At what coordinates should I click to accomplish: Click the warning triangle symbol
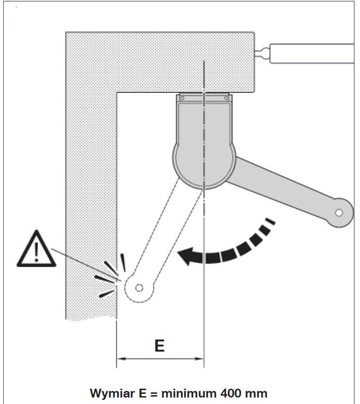(x=36, y=250)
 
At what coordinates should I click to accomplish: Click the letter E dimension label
(x=160, y=346)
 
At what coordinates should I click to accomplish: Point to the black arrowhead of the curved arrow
(x=186, y=257)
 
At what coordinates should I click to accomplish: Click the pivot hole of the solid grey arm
(x=339, y=213)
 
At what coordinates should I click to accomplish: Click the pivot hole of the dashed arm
(x=139, y=288)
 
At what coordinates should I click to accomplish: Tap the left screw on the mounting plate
(x=182, y=98)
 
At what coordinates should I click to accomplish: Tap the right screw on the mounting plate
(x=226, y=98)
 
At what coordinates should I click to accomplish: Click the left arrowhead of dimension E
(x=121, y=359)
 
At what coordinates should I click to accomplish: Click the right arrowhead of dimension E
(x=199, y=359)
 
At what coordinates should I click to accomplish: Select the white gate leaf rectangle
(x=312, y=53)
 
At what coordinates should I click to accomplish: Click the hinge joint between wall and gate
(x=262, y=53)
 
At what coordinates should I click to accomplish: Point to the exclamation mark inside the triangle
(x=36, y=252)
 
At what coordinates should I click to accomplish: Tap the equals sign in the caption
(x=154, y=394)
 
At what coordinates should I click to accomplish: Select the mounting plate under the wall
(x=204, y=97)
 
